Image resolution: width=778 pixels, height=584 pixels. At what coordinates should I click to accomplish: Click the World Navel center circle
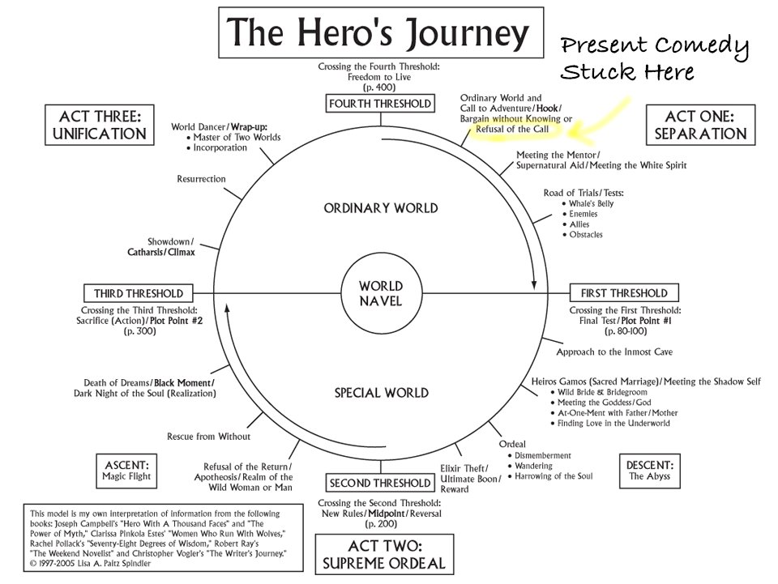380,292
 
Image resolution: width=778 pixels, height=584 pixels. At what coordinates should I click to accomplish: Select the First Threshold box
623,293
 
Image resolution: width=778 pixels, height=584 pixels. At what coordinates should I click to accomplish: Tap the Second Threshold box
380,484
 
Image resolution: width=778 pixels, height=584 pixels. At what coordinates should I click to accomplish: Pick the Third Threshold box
138,293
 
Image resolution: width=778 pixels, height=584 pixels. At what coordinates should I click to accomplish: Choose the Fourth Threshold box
380,104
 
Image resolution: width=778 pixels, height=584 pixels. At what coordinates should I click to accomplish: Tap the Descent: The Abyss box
650,471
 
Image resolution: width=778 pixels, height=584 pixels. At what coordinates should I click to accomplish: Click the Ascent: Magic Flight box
127,471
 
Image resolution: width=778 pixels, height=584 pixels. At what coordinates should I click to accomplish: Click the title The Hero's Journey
379,33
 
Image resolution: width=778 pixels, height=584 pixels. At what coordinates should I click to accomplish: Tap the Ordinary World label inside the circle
381,208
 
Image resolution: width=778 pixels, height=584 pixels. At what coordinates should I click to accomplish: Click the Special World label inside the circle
381,394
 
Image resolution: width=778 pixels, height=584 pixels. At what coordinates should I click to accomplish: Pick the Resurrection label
201,179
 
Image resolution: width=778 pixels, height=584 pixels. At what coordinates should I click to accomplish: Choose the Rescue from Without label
208,437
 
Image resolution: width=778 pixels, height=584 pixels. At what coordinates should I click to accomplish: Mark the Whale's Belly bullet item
591,203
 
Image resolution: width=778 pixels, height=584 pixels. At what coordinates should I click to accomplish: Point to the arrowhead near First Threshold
534,285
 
